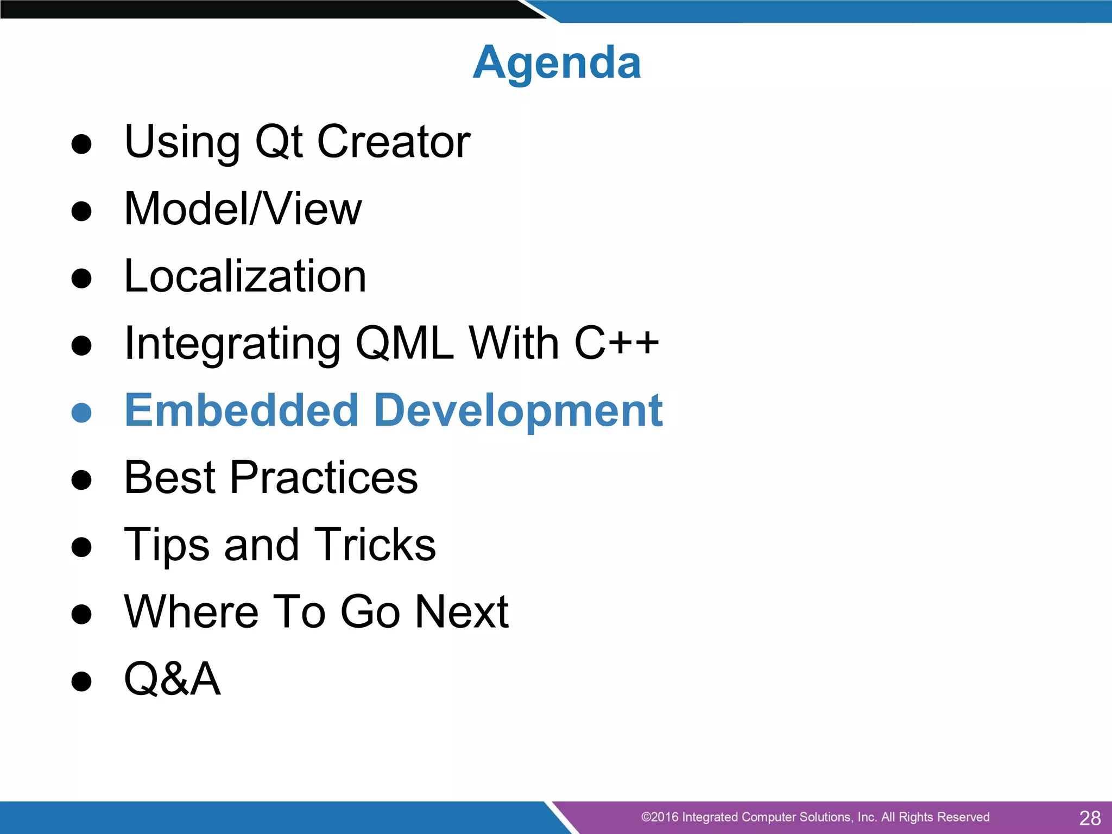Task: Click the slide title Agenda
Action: click(x=557, y=63)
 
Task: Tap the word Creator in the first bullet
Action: click(x=393, y=142)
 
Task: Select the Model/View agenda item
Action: click(x=243, y=209)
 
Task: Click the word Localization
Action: click(x=245, y=276)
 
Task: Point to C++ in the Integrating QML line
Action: click(x=616, y=343)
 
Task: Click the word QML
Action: click(x=405, y=343)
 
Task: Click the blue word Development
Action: click(x=519, y=410)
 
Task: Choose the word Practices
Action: click(x=324, y=477)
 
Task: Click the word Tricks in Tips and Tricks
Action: click(x=375, y=545)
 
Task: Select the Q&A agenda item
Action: click(x=173, y=679)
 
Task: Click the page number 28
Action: click(x=1090, y=818)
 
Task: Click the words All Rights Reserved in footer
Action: click(x=935, y=817)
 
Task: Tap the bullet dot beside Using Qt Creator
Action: click(x=81, y=144)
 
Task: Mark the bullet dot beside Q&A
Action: click(x=81, y=681)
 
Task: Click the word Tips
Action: click(x=167, y=545)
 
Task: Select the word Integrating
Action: click(x=232, y=343)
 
